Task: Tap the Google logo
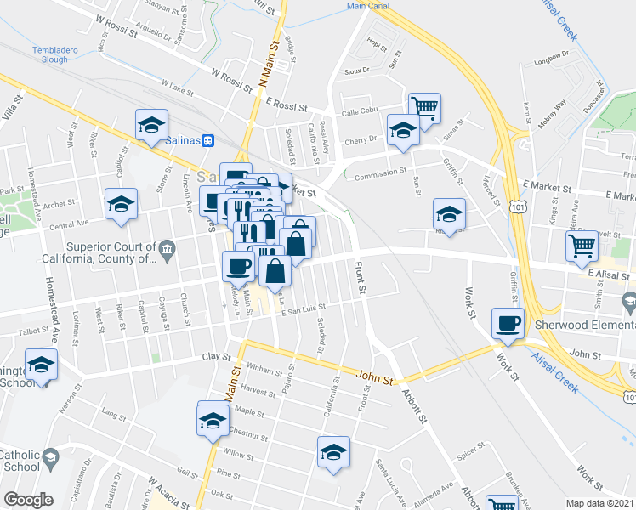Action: (x=28, y=499)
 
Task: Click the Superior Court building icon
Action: (x=167, y=249)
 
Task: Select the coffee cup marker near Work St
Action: (x=508, y=324)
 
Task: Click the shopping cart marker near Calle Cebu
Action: (x=424, y=107)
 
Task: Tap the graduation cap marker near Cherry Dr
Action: (x=402, y=129)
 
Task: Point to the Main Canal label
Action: (x=368, y=5)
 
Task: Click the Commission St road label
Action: (x=379, y=170)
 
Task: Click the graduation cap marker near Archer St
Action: (x=121, y=204)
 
